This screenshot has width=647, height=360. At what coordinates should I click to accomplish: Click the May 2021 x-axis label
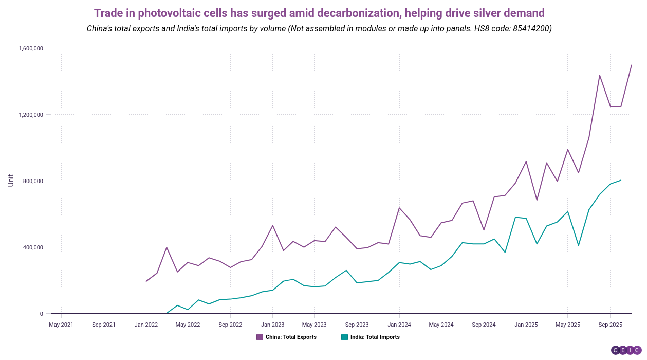(x=61, y=325)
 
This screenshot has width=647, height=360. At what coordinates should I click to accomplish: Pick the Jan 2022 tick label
(x=146, y=325)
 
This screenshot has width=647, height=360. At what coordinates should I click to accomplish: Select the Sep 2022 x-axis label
(x=230, y=325)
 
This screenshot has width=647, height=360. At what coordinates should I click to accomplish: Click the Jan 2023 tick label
(x=272, y=325)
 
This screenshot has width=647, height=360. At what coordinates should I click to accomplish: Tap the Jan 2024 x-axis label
(x=399, y=325)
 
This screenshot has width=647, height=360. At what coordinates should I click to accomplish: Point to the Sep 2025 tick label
(x=610, y=325)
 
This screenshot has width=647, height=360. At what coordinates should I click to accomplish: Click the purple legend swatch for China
(x=260, y=337)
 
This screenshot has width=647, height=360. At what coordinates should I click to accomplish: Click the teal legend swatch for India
(x=344, y=337)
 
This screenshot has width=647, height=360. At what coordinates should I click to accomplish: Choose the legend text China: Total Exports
(x=290, y=337)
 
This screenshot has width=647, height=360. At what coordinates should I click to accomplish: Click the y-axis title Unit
(x=11, y=181)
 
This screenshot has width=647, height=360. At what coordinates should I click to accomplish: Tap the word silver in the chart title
(x=481, y=12)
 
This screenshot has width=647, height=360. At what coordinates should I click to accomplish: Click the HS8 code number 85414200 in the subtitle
(x=531, y=28)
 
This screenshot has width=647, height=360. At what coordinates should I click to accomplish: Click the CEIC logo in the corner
(x=626, y=350)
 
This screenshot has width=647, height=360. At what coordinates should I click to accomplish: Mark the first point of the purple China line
(x=146, y=281)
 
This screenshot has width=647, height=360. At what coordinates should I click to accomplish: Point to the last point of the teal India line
(x=621, y=180)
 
